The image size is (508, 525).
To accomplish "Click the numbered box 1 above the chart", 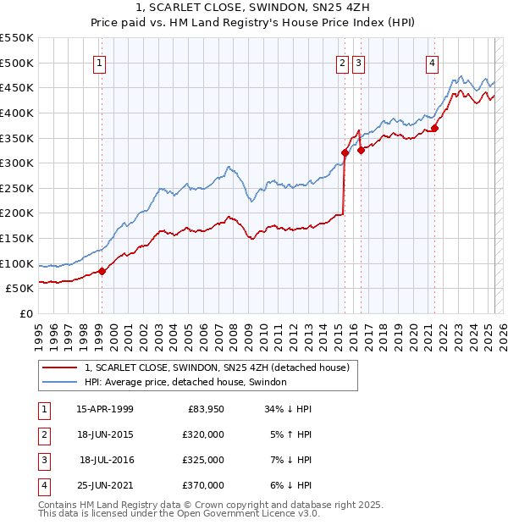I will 101,62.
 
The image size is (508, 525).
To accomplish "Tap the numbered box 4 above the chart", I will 432,62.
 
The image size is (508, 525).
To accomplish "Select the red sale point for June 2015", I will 345,152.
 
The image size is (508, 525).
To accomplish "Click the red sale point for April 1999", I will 102,271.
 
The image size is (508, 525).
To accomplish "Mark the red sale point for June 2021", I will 435,128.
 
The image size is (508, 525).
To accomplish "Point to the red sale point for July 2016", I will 361,150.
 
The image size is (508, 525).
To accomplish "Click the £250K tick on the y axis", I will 16,188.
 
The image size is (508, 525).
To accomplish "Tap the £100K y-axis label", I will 16,263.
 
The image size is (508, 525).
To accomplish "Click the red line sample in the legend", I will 59,367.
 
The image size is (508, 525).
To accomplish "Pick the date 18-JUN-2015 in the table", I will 104,434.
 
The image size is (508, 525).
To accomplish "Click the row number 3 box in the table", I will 43,460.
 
